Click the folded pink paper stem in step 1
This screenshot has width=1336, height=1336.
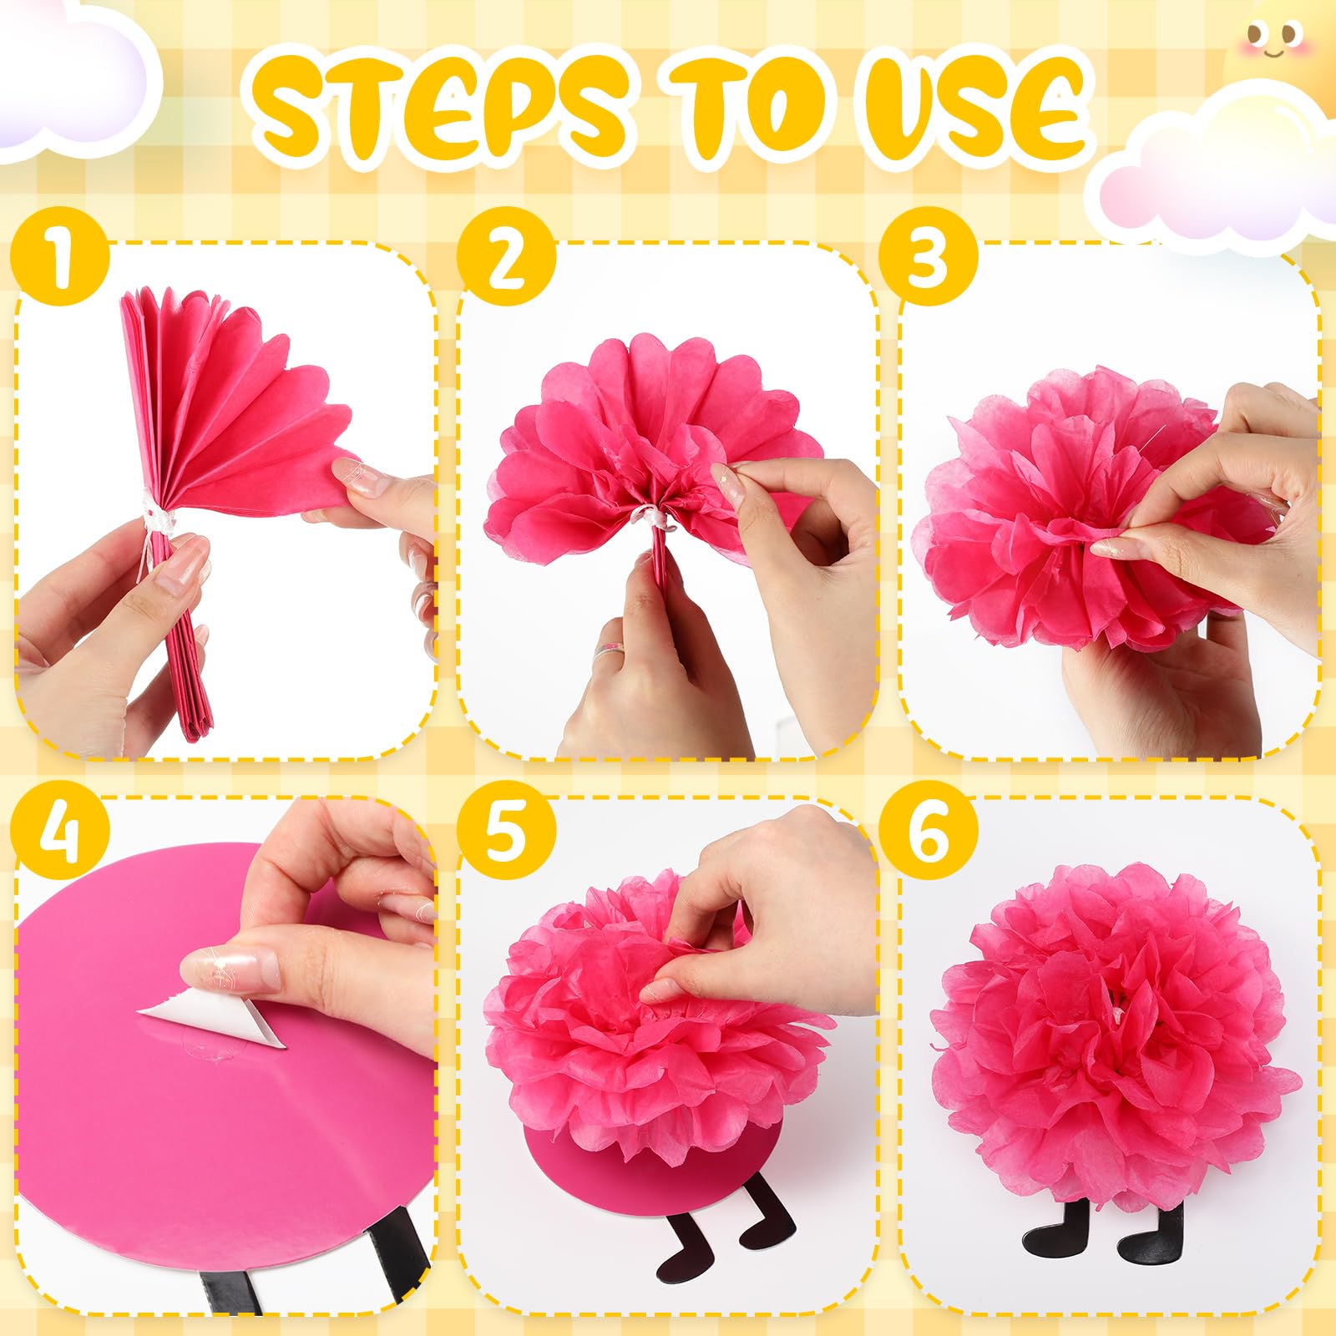[188, 651]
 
